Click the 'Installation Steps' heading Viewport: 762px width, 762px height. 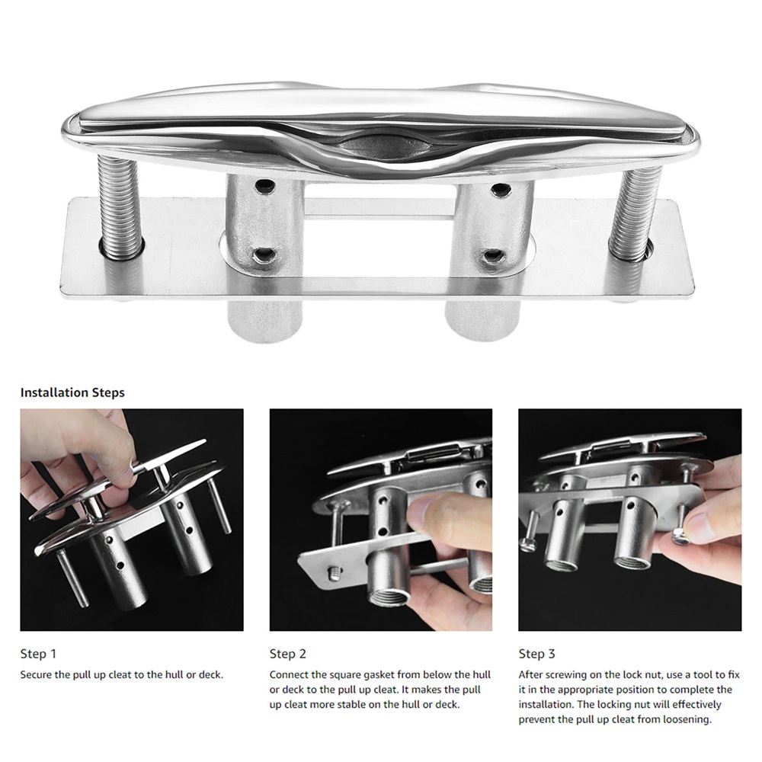[x=72, y=392]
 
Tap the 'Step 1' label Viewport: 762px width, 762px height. [x=38, y=654]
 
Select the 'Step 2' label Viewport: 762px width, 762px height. [x=288, y=654]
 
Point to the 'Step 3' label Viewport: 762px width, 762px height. [x=536, y=654]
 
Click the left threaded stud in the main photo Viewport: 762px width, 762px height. [x=120, y=207]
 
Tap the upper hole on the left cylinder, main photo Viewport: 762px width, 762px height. [x=265, y=185]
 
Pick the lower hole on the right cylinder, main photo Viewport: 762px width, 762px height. [x=493, y=255]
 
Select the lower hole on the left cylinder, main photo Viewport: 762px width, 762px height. [x=265, y=254]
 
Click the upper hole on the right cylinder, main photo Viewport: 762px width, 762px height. [x=500, y=188]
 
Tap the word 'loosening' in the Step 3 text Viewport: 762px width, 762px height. [x=687, y=719]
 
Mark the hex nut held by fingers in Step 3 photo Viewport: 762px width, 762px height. [x=680, y=536]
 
